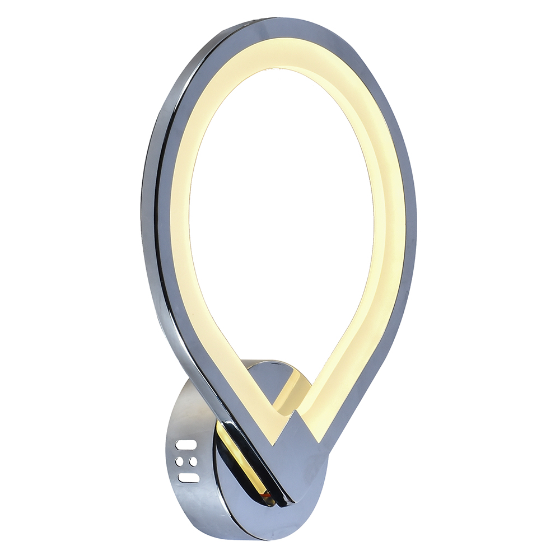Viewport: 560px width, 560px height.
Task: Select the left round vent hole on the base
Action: (180, 462)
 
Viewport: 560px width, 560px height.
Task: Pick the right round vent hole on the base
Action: (193, 461)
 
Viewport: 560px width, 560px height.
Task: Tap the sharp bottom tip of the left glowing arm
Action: (273, 442)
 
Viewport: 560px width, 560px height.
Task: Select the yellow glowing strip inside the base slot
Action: (241, 459)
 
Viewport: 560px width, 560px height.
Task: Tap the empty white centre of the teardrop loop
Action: (280, 224)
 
